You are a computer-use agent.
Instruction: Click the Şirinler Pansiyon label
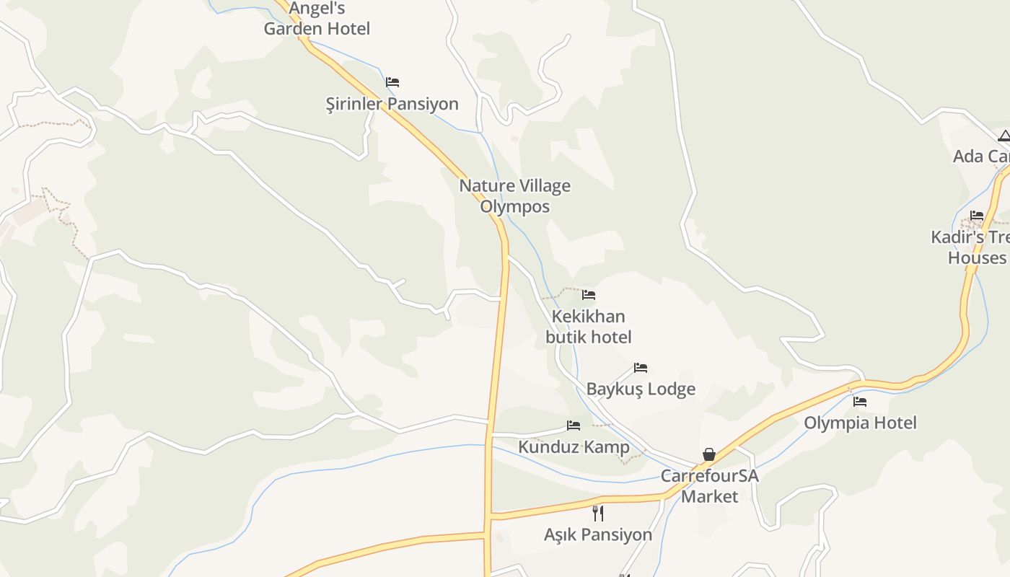tap(392, 104)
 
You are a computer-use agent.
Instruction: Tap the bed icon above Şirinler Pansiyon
tap(392, 82)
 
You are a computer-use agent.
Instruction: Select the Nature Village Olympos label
tap(515, 196)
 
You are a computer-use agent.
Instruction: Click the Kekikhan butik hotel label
tap(588, 327)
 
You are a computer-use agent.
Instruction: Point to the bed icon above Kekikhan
tap(589, 295)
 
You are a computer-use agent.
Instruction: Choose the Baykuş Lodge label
tap(641, 389)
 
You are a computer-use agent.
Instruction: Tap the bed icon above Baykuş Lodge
tap(641, 368)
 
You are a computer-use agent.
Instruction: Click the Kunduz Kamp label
tap(574, 447)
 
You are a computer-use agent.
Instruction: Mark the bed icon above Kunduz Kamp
tap(574, 426)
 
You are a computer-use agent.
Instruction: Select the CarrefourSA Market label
tap(710, 486)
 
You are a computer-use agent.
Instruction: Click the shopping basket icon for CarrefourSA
tap(709, 454)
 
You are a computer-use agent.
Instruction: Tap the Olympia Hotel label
tap(860, 423)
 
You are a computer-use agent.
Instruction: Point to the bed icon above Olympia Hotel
tap(860, 402)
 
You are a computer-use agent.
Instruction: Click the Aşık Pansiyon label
tap(598, 534)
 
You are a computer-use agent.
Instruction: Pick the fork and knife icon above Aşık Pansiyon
tap(598, 513)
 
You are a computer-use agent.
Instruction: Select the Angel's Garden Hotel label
tap(317, 19)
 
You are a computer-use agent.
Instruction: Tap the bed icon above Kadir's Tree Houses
tap(977, 215)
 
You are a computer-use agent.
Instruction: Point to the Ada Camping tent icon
tap(1004, 136)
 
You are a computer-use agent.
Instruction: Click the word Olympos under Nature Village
tap(515, 207)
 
